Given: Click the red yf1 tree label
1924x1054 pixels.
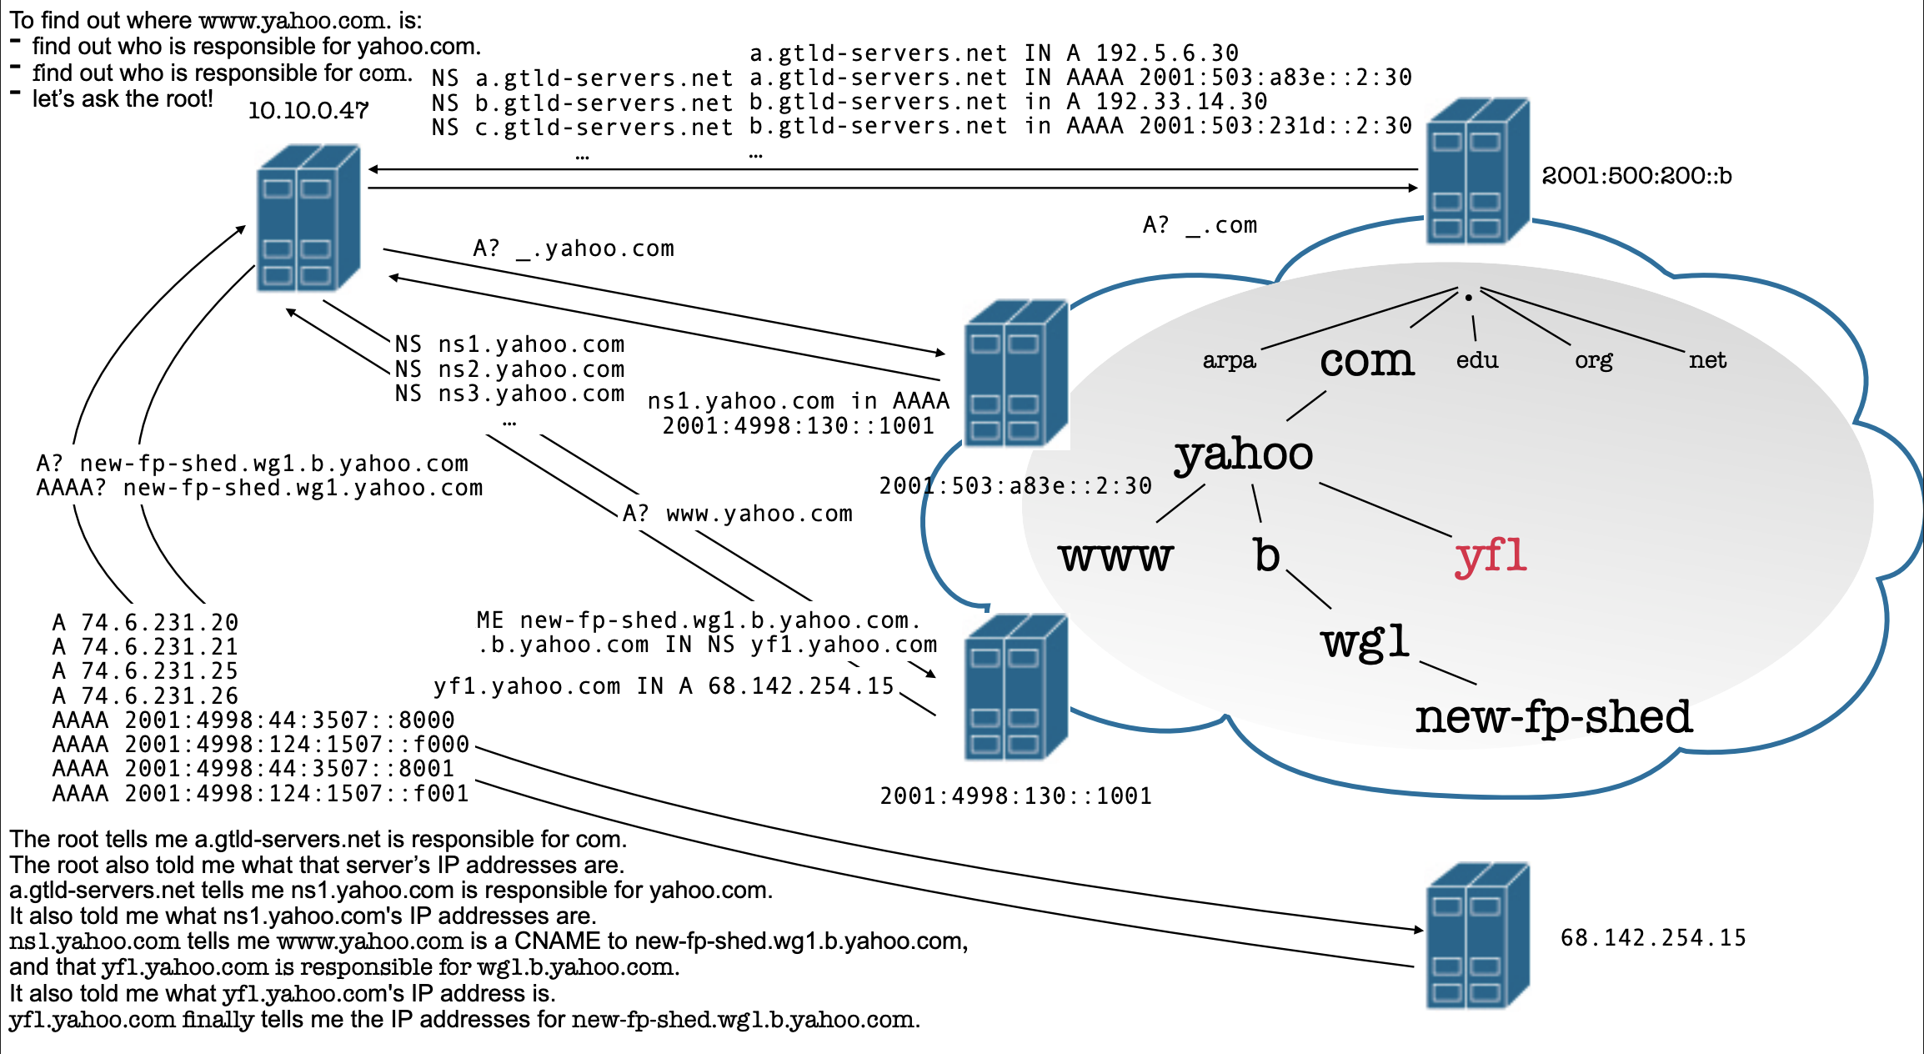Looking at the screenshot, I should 1491,556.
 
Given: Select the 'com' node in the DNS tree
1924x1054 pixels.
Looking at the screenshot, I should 1367,361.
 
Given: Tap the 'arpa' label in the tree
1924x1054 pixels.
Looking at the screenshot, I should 1229,360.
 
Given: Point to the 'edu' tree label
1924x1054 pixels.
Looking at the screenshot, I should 1477,360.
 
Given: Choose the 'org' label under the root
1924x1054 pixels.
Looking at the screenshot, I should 1593,360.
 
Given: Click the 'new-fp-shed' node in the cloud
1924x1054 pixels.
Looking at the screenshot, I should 1553,717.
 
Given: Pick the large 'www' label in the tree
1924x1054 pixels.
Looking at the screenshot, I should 1115,556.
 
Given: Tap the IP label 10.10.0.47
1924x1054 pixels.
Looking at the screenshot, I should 308,111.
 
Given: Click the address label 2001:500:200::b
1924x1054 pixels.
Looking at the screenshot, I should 1636,176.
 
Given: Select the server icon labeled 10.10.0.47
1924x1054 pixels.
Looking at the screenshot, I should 308,218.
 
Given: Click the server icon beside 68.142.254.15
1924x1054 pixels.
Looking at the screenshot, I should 1477,936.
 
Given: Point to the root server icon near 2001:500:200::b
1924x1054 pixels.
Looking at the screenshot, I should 1477,171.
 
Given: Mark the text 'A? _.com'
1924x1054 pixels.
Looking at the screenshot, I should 1200,225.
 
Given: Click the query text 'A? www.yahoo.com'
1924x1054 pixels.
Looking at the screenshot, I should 738,514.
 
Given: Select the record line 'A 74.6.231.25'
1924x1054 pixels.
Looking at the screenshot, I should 145,671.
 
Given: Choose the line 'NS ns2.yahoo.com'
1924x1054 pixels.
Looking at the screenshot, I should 509,369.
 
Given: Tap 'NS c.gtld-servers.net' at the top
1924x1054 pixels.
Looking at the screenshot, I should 582,128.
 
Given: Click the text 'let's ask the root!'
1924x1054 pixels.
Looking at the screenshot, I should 123,99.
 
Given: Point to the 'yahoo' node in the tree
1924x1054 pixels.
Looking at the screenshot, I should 1244,454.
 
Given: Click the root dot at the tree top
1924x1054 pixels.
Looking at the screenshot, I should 1468,298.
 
